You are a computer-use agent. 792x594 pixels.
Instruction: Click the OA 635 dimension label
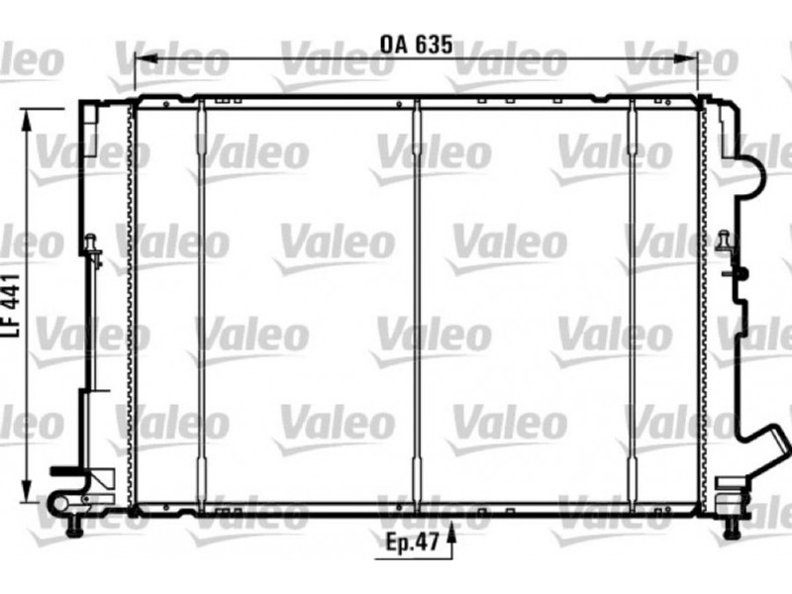click(x=416, y=45)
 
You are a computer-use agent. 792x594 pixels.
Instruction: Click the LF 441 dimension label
click(x=11, y=306)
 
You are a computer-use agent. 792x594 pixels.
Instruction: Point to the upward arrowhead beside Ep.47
click(x=451, y=533)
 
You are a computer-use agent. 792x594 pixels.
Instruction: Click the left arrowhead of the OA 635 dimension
click(x=147, y=59)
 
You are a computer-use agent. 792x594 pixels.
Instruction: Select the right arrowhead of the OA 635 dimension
click(x=686, y=59)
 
